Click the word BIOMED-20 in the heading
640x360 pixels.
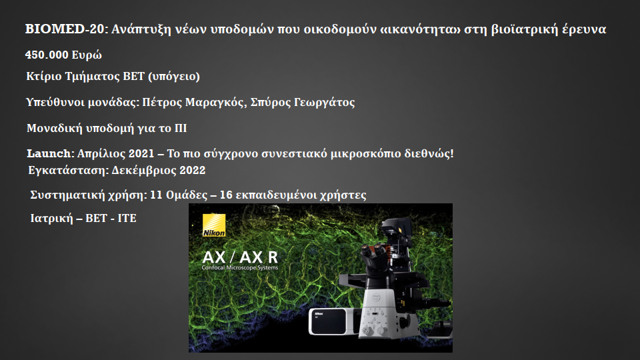pos(65,29)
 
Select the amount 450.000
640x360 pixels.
pos(47,55)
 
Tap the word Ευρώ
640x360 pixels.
pos(87,55)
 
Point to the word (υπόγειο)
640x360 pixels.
pos(174,76)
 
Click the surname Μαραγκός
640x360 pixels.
pos(216,102)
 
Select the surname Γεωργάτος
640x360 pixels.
pos(324,102)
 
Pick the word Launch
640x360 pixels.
pos(49,153)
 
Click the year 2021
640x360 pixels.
pos(141,153)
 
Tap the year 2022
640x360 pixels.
pos(193,170)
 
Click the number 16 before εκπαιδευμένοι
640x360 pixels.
pos(226,195)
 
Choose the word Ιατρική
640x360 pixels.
pos(52,219)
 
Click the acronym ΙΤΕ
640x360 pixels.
pos(127,219)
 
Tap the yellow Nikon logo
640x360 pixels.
pos(214,225)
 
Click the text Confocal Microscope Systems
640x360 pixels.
pos(240,268)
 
